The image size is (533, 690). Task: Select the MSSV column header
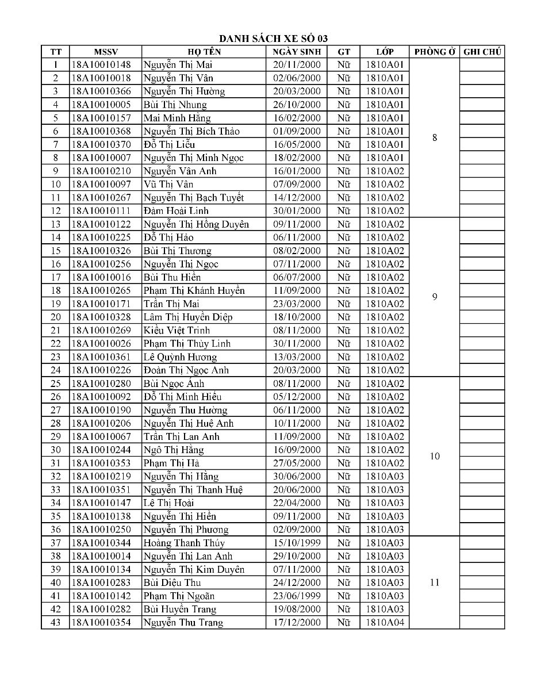[105, 52]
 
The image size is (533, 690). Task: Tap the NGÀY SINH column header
[297, 52]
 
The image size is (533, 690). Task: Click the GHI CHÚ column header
[482, 52]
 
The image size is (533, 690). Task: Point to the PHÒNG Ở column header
[434, 52]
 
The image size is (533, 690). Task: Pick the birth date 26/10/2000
[297, 105]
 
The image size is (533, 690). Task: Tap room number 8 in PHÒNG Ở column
[434, 137]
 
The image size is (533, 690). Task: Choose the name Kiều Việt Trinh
[177, 330]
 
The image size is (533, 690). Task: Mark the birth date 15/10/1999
[297, 543]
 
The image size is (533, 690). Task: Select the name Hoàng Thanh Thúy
[184, 543]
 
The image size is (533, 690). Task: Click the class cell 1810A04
[385, 622]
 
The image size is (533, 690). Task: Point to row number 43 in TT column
[56, 622]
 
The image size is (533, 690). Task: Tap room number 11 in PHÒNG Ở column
[434, 582]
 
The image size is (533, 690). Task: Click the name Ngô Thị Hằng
[174, 450]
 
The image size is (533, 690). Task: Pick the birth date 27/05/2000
[297, 463]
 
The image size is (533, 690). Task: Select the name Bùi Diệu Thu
[172, 582]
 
